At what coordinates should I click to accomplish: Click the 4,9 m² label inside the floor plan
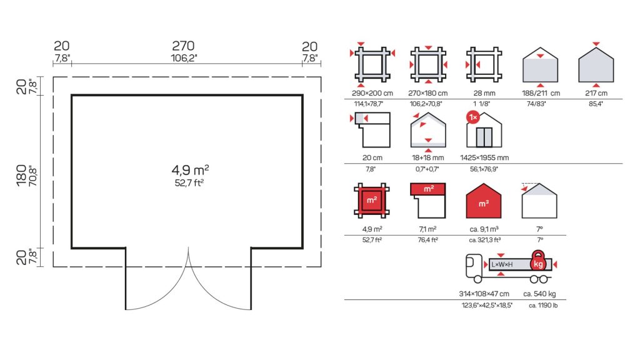click(x=190, y=170)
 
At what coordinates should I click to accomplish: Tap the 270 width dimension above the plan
click(x=183, y=46)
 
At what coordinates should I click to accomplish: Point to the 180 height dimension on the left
click(x=21, y=176)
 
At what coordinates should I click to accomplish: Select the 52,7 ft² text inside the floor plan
click(x=189, y=183)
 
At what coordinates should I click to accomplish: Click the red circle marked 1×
click(x=473, y=117)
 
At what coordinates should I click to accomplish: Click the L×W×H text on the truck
click(x=502, y=264)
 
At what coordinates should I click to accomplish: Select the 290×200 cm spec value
click(x=372, y=93)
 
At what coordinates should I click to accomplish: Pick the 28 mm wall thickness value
click(x=484, y=93)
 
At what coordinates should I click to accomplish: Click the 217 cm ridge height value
click(x=596, y=93)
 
